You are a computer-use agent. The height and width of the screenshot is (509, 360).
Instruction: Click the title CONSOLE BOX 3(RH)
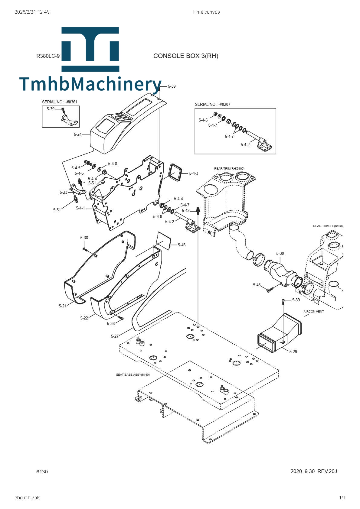(x=185, y=56)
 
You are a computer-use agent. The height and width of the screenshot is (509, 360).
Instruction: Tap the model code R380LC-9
(x=48, y=56)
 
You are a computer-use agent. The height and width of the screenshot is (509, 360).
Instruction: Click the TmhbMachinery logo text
(x=90, y=84)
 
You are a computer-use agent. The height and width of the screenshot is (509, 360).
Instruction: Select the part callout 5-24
(x=77, y=134)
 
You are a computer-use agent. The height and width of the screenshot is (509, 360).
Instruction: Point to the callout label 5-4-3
(x=194, y=173)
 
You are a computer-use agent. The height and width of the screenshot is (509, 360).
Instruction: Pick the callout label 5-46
(x=182, y=245)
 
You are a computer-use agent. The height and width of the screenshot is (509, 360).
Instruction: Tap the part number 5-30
(x=280, y=253)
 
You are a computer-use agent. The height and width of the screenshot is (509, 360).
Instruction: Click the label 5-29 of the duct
(x=293, y=352)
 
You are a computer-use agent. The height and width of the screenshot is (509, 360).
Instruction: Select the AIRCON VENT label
(x=313, y=311)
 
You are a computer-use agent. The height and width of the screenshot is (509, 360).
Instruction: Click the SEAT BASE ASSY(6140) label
(x=133, y=375)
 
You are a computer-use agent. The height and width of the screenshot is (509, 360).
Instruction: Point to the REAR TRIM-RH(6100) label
(x=229, y=168)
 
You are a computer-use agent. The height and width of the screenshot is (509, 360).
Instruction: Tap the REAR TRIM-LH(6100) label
(x=328, y=226)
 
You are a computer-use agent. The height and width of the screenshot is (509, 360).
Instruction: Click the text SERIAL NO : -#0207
(x=212, y=104)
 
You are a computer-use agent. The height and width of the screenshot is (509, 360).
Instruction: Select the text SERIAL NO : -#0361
(x=60, y=102)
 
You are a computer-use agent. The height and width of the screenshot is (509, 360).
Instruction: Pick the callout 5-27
(x=115, y=336)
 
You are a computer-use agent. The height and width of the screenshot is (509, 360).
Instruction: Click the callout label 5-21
(x=62, y=306)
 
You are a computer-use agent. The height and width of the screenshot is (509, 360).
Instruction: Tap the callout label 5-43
(x=257, y=285)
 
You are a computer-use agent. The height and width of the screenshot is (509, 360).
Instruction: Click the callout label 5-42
(x=185, y=210)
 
